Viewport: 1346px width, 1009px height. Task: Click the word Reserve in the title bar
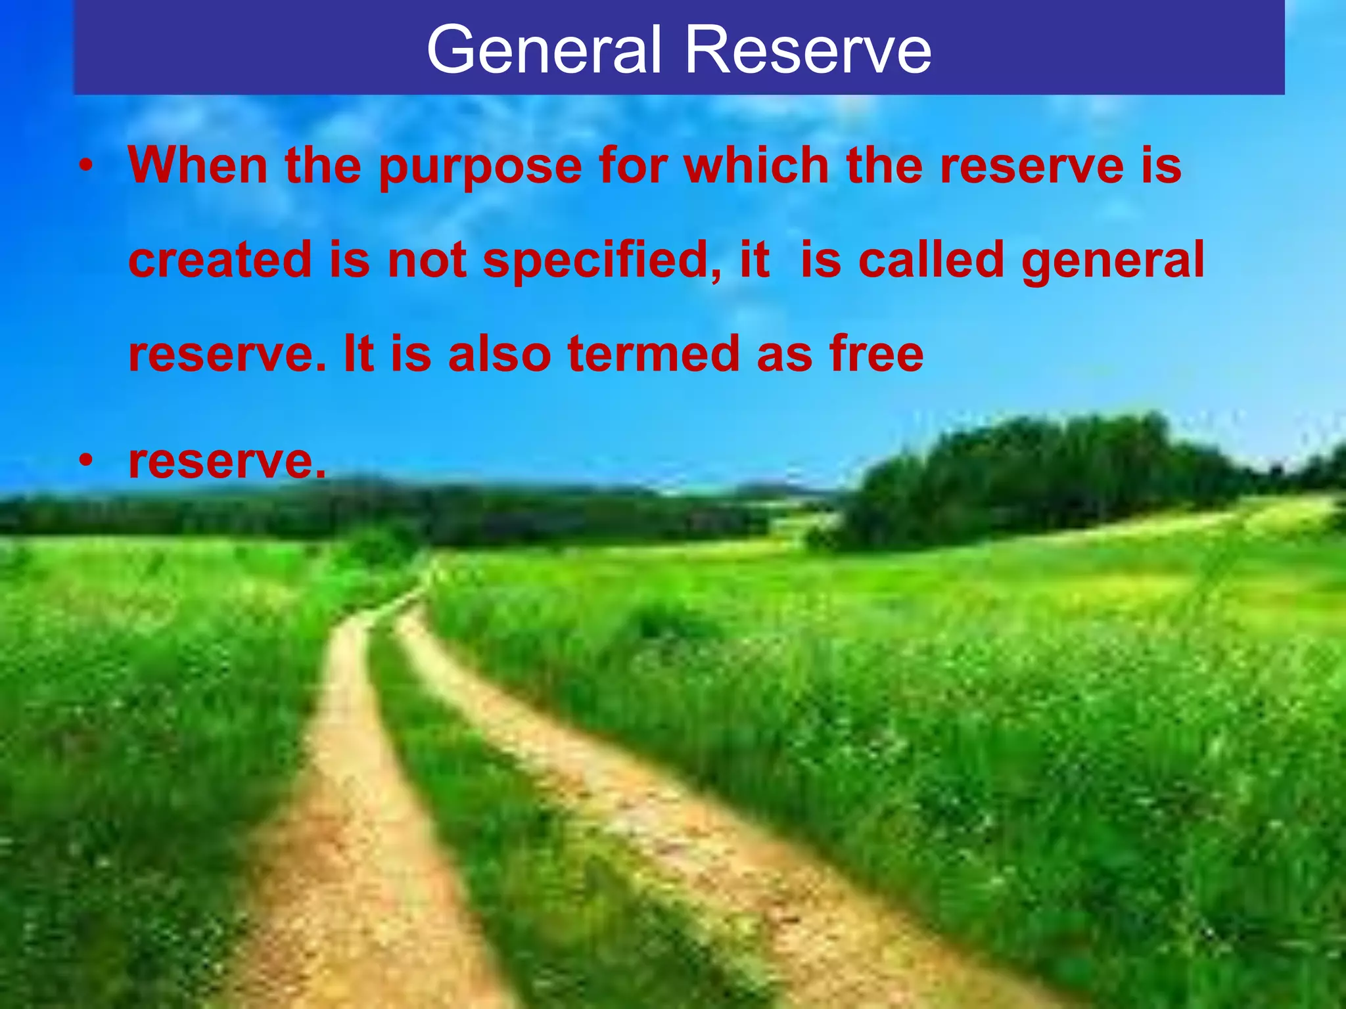(x=808, y=50)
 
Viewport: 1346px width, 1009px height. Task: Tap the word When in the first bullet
(x=198, y=165)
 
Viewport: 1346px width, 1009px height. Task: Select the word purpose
(x=480, y=166)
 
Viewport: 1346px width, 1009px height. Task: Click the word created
(x=220, y=259)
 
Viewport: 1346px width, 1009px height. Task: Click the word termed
(x=653, y=354)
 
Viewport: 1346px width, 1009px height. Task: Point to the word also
(x=499, y=354)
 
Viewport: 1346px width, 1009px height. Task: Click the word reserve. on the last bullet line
(x=227, y=462)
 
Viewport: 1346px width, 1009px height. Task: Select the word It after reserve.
(x=359, y=354)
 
